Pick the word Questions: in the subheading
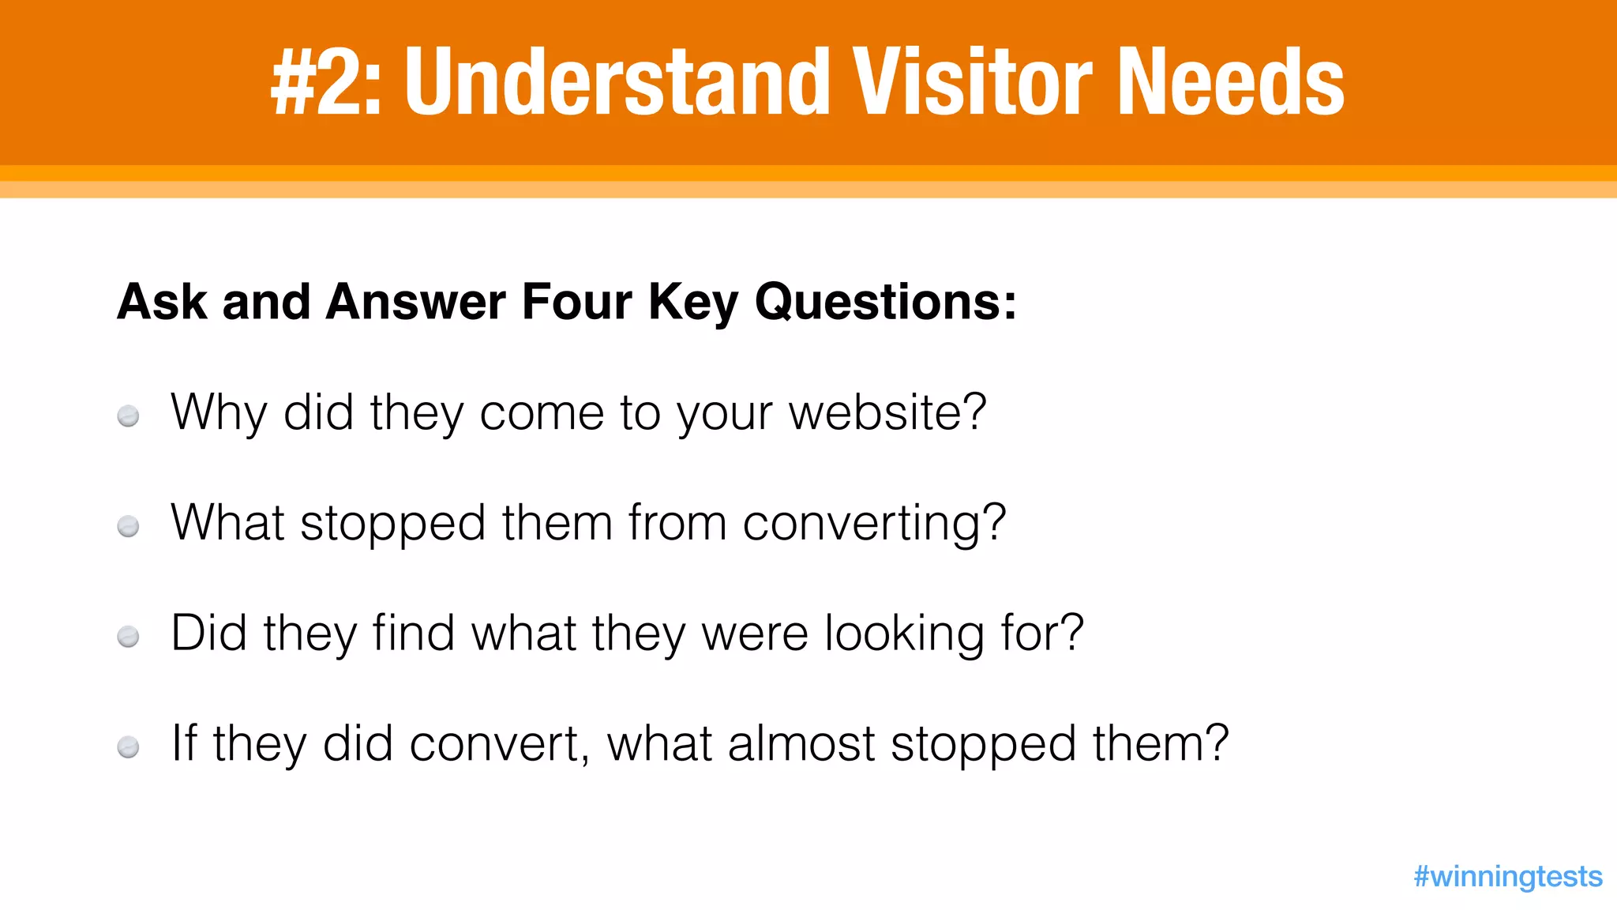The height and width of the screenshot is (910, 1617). (x=886, y=302)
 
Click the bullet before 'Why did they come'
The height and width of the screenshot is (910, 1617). (x=128, y=416)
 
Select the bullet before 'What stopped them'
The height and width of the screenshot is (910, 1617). (x=128, y=526)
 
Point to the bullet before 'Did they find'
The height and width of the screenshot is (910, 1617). (x=128, y=636)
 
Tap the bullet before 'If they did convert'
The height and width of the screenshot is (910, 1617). (x=128, y=746)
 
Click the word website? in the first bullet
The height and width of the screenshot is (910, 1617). (x=887, y=412)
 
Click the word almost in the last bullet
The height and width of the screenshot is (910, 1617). (x=801, y=744)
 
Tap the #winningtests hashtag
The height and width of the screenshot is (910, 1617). (x=1507, y=876)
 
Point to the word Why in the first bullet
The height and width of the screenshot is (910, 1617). (x=219, y=414)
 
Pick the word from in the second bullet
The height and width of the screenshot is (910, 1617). (x=677, y=523)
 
